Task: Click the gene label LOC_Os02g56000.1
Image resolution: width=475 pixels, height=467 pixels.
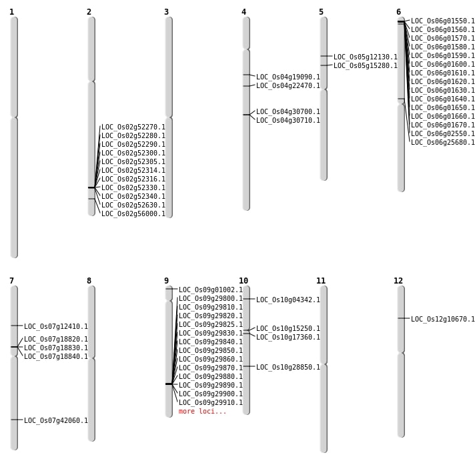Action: point(133,214)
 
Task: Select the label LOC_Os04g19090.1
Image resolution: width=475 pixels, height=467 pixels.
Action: point(288,77)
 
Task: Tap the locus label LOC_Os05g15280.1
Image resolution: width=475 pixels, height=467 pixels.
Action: point(366,66)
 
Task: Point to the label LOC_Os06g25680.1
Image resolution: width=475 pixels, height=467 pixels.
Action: point(443,143)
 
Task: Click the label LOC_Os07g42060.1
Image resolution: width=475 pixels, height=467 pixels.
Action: point(56,421)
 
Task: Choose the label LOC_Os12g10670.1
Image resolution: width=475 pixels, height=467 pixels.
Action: point(443,320)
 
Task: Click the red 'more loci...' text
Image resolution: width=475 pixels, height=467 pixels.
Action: point(203,412)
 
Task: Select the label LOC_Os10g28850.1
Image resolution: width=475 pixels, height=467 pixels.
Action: point(288,368)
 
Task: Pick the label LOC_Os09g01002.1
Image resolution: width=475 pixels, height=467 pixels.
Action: point(211,290)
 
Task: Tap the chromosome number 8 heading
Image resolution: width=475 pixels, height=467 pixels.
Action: point(89,281)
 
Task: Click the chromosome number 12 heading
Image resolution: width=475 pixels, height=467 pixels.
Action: point(398,281)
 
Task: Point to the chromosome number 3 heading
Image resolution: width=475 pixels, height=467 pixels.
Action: point(166,12)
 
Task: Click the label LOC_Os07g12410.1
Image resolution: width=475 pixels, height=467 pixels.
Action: point(56,327)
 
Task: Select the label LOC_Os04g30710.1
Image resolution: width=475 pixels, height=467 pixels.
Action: point(288,121)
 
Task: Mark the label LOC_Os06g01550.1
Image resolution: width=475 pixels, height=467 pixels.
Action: point(443,21)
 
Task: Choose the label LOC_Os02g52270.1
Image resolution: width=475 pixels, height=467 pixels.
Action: point(133,127)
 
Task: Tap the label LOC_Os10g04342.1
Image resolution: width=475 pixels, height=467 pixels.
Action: point(288,300)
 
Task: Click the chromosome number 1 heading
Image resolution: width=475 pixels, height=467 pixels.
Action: point(11,12)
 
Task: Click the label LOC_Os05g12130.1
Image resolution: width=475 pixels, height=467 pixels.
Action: point(366,57)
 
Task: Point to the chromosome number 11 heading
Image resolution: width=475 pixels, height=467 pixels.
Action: point(321,281)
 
